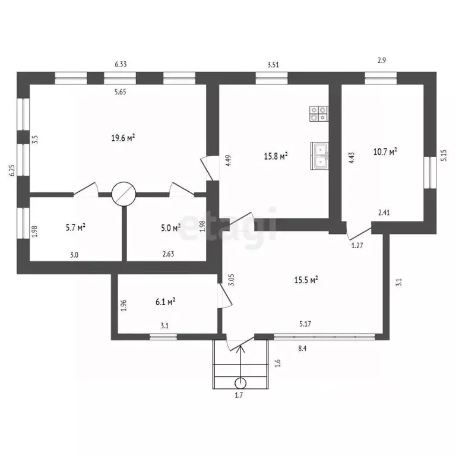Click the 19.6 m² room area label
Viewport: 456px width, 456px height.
point(123,138)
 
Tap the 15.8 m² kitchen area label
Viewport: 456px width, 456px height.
point(275,156)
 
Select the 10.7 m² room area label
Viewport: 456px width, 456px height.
point(385,151)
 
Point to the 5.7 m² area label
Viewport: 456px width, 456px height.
point(75,227)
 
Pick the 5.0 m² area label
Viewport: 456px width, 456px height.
point(171,228)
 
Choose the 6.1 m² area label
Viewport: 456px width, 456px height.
point(165,302)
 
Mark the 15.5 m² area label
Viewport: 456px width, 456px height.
point(306,280)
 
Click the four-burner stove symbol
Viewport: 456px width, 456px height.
point(318,114)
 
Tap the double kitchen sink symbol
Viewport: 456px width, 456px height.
point(319,156)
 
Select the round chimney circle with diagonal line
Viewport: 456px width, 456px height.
point(124,194)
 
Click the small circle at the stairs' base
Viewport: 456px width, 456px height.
point(240,384)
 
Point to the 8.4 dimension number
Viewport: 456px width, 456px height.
point(302,348)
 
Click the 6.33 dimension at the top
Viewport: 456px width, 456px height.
point(121,64)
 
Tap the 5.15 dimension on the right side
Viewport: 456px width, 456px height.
point(444,156)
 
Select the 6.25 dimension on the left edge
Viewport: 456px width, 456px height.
point(12,170)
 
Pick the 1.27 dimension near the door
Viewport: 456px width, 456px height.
point(357,245)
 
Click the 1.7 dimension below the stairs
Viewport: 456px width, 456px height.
point(239,395)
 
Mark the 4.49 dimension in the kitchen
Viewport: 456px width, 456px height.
point(228,160)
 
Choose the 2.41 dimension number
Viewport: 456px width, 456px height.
point(384,213)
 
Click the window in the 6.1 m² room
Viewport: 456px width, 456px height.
point(163,337)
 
